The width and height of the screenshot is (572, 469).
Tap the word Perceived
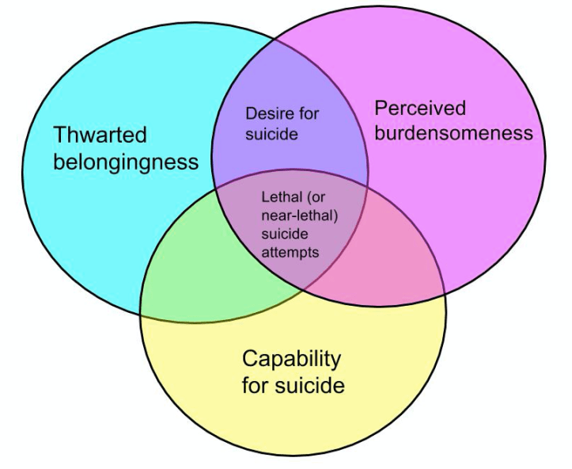[x=419, y=108]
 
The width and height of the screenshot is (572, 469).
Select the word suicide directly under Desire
[x=271, y=134]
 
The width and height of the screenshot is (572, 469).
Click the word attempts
[x=290, y=253]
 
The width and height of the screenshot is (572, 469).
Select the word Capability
[x=291, y=359]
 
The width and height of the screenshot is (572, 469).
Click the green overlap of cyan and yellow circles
[x=198, y=277]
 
